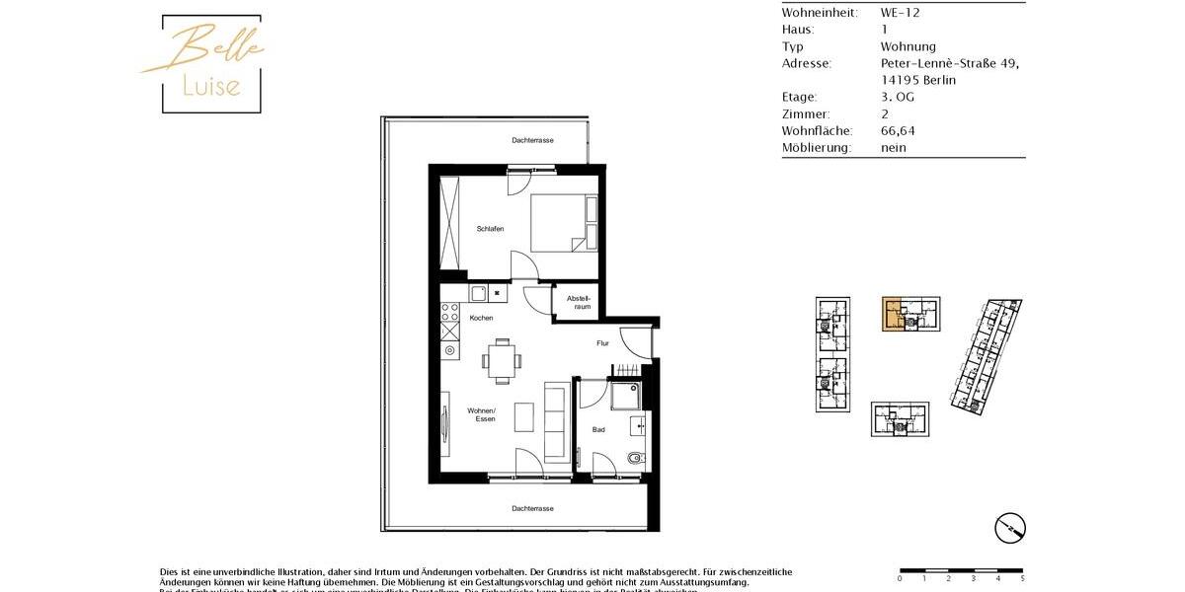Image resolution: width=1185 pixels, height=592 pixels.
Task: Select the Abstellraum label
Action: [x=579, y=302]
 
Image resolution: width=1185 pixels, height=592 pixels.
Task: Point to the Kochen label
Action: [x=481, y=318]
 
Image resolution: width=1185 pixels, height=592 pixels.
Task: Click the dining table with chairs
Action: [x=503, y=361]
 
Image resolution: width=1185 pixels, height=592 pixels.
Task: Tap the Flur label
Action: [x=602, y=343]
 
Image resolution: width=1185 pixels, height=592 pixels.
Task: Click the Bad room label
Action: [x=598, y=429]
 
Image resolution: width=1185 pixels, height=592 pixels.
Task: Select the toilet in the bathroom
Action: [x=634, y=459]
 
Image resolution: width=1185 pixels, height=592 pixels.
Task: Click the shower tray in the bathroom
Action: [x=626, y=396]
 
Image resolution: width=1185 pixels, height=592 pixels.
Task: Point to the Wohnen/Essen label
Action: [x=482, y=414]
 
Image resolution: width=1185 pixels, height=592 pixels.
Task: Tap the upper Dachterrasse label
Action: [x=532, y=140]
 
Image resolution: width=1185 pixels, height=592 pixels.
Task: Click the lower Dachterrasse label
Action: [x=532, y=508]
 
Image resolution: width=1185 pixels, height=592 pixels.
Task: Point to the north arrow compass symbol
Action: [x=1009, y=528]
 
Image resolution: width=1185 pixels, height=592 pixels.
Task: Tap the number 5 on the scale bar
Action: [x=1022, y=579]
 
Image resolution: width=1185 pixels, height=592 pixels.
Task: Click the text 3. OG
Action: [x=898, y=97]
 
